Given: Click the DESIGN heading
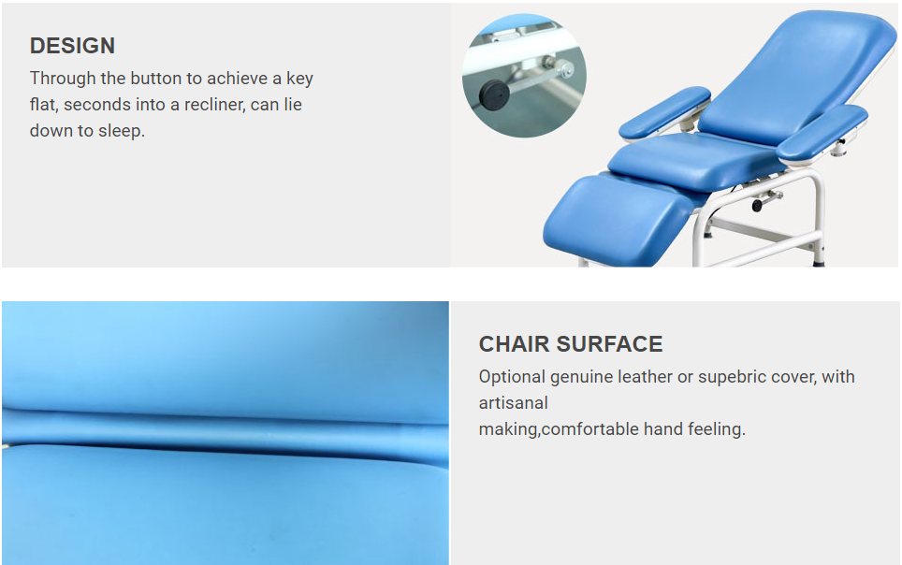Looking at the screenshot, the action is (x=72, y=46).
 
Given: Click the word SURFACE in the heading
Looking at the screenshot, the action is (x=609, y=344).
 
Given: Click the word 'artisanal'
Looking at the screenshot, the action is (x=513, y=403).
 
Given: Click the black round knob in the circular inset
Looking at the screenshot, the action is (x=494, y=94).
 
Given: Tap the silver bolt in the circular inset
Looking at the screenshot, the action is (x=566, y=69).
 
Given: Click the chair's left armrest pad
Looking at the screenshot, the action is (x=664, y=112).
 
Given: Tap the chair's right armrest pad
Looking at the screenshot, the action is (x=822, y=134).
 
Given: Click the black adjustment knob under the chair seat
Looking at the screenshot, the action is (x=757, y=204).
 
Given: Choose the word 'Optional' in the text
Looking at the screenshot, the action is (x=512, y=377).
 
